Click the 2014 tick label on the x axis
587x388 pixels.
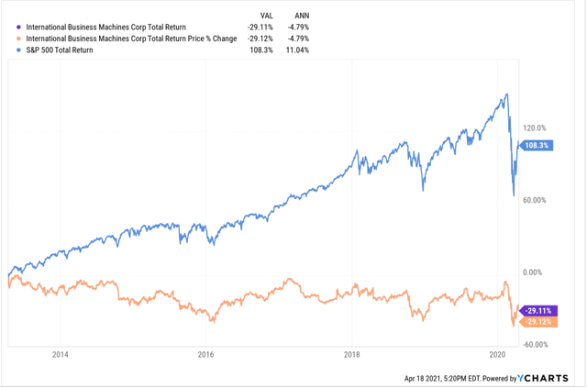pyautogui.click(x=61, y=354)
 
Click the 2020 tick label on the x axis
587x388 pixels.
pyautogui.click(x=497, y=354)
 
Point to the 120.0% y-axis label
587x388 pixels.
pyautogui.click(x=535, y=128)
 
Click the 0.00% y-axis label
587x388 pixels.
pyautogui.click(x=535, y=272)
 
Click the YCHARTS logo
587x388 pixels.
pyautogui.click(x=547, y=377)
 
